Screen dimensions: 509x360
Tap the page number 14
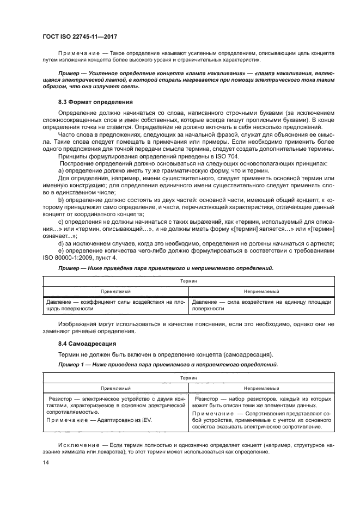[45, 462]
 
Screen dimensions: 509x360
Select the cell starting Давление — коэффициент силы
[115, 305]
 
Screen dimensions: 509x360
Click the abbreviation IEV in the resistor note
[145, 421]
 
